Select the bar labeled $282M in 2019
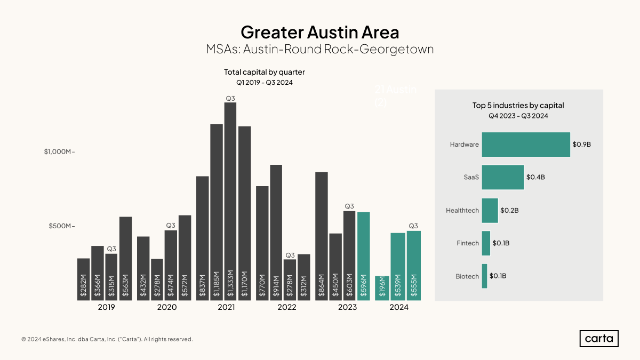pyautogui.click(x=83, y=279)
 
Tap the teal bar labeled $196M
pyautogui.click(x=382, y=289)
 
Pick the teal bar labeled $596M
pyautogui.click(x=363, y=256)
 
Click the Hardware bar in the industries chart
pyautogui.click(x=526, y=145)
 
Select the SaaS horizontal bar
pyautogui.click(x=502, y=177)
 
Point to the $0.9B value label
pyautogui.click(x=581, y=145)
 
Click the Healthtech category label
pyautogui.click(x=462, y=211)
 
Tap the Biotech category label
pyautogui.click(x=467, y=276)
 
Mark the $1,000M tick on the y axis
pyautogui.click(x=59, y=151)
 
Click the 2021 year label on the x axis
pyautogui.click(x=227, y=308)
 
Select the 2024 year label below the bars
pyautogui.click(x=399, y=308)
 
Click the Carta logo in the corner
pyautogui.click(x=599, y=339)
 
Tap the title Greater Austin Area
pyautogui.click(x=319, y=32)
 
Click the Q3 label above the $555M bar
pyautogui.click(x=413, y=226)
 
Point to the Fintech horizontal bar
pyautogui.click(x=486, y=243)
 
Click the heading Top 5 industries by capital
pyautogui.click(x=518, y=106)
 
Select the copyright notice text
pyautogui.click(x=107, y=339)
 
